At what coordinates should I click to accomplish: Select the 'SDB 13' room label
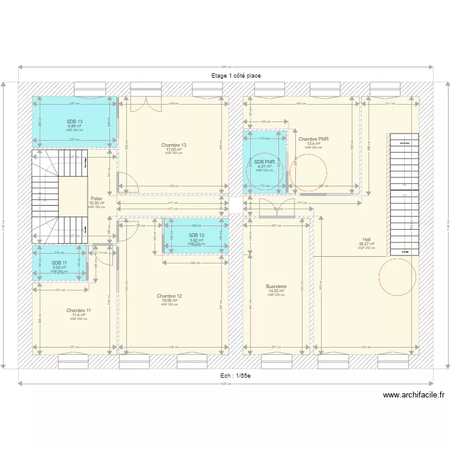point(75,121)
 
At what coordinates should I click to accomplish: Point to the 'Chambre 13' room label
point(174,145)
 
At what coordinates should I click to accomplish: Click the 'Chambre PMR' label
point(313,139)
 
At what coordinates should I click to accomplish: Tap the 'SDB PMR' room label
point(264,162)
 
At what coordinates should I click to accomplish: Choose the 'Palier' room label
point(96,198)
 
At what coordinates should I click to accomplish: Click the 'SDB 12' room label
point(196,235)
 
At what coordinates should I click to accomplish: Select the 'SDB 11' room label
point(59,263)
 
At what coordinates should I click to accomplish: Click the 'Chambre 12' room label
point(169,296)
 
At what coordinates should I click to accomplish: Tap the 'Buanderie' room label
point(276,287)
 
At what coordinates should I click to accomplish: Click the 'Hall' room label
point(366,239)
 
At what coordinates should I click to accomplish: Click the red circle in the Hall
point(397,277)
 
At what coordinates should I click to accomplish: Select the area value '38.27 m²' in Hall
point(366,244)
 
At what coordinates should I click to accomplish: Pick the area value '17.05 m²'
point(174,149)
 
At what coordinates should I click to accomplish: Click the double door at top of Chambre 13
point(146,103)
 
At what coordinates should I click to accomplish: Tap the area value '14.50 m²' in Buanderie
point(276,291)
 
